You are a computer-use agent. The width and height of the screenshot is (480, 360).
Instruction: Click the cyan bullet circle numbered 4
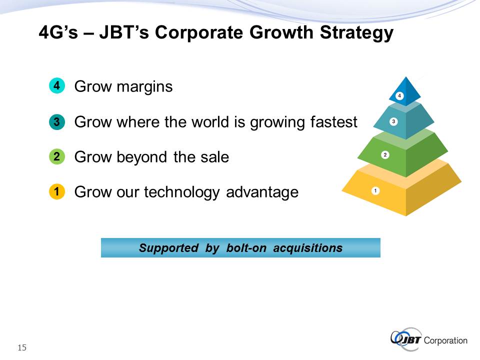(x=57, y=85)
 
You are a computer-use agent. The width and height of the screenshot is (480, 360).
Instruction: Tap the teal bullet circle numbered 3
(x=57, y=122)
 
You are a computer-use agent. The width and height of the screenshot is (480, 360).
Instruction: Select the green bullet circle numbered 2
(x=57, y=156)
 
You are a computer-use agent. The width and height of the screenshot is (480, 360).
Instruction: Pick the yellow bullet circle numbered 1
(x=57, y=191)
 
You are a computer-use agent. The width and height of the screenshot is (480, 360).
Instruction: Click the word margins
(x=145, y=87)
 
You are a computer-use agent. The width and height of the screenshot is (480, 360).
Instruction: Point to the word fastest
(x=333, y=122)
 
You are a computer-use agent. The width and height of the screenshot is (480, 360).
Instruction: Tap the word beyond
(x=141, y=158)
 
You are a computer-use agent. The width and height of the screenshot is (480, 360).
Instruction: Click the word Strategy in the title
(x=356, y=33)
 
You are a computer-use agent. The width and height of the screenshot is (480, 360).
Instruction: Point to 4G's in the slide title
(x=58, y=32)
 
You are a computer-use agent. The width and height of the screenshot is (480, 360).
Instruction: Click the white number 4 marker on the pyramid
(x=399, y=96)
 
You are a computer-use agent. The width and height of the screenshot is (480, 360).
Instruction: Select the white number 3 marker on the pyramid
(x=393, y=121)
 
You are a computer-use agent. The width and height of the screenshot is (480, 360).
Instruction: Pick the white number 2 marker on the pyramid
(x=385, y=155)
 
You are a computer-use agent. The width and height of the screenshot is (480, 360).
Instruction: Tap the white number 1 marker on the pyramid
(x=375, y=190)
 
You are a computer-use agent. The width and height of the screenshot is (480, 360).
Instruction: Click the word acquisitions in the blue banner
(x=307, y=248)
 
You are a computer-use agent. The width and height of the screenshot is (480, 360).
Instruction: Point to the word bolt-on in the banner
(x=246, y=248)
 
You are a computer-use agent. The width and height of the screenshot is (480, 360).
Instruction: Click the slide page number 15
(x=22, y=348)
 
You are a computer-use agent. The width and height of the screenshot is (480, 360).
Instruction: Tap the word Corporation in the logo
(x=445, y=340)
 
